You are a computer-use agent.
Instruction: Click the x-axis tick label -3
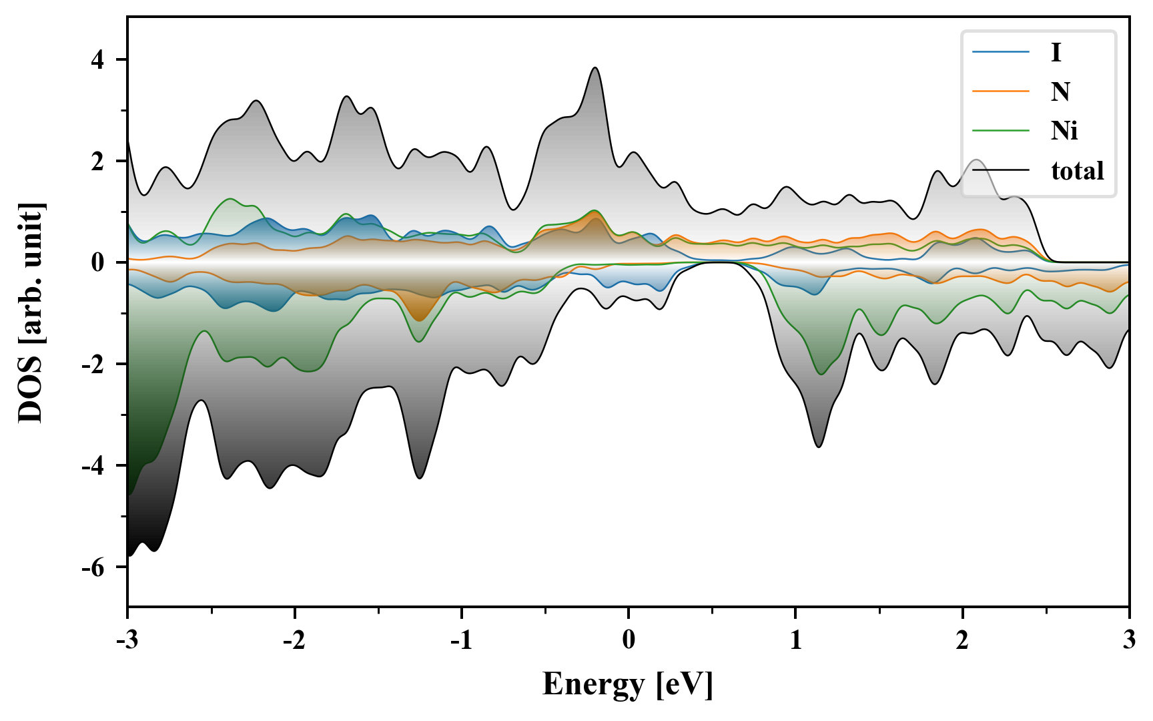(127, 640)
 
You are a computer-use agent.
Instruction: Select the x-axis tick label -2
(294, 640)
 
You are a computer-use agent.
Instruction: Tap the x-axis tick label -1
(460, 640)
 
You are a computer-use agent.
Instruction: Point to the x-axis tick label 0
(629, 640)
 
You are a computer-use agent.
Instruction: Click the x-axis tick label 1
(795, 640)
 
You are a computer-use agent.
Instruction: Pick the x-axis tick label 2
(962, 640)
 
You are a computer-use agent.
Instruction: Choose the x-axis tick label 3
(1129, 640)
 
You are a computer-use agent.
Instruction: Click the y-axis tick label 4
(98, 60)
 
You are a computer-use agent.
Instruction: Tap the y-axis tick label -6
(93, 567)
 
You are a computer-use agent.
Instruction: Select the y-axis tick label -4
(93, 466)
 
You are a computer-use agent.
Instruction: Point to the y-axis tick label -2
(93, 365)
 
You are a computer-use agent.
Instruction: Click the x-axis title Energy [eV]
(628, 684)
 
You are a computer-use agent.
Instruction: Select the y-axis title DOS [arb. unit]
(31, 312)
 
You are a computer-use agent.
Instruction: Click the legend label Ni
(1064, 131)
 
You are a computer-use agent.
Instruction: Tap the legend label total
(1078, 171)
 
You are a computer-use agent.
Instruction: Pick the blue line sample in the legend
(1001, 52)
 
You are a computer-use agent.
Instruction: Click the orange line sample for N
(1001, 91)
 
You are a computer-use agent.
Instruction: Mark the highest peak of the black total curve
(595, 67)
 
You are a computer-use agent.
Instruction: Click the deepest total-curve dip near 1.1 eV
(819, 447)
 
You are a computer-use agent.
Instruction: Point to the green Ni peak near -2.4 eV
(231, 199)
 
